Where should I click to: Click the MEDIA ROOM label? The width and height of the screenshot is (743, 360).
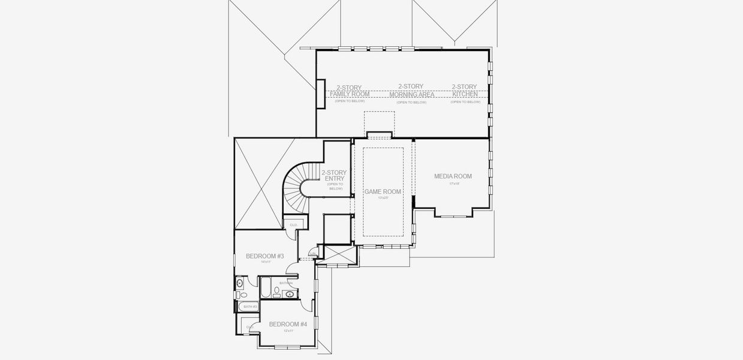pyautogui.click(x=453, y=176)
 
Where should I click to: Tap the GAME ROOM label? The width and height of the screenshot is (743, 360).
pyautogui.click(x=383, y=191)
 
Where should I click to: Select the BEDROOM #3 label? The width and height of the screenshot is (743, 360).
pyautogui.click(x=264, y=256)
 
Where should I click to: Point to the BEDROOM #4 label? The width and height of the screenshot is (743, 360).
pyautogui.click(x=288, y=324)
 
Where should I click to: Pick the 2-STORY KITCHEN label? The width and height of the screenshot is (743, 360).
pyautogui.click(x=465, y=91)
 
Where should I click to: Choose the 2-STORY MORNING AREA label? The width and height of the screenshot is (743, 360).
pyautogui.click(x=411, y=91)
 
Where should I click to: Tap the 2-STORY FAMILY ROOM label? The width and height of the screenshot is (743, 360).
pyautogui.click(x=349, y=91)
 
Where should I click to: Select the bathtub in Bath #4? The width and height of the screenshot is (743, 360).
pyautogui.click(x=264, y=287)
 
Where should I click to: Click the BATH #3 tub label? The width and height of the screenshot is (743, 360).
pyautogui.click(x=250, y=307)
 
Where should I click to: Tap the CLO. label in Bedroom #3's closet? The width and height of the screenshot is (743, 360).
pyautogui.click(x=293, y=225)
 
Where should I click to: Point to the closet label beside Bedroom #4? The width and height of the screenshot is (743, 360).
pyautogui.click(x=249, y=326)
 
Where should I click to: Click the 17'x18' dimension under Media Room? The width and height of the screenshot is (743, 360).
pyautogui.click(x=454, y=184)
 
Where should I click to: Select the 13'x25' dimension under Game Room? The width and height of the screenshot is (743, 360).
pyautogui.click(x=383, y=197)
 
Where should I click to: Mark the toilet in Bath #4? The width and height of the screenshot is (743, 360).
pyautogui.click(x=277, y=293)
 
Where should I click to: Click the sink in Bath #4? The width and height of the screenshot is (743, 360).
pyautogui.click(x=290, y=294)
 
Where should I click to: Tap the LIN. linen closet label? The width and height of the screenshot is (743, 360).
pyautogui.click(x=312, y=254)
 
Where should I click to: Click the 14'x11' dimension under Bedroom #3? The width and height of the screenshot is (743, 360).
pyautogui.click(x=266, y=262)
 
